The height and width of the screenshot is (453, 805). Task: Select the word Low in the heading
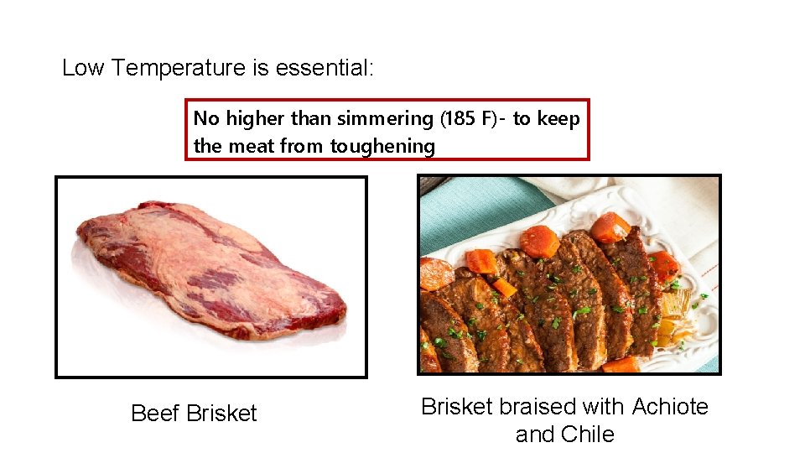(x=82, y=68)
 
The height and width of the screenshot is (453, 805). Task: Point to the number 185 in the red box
(x=459, y=119)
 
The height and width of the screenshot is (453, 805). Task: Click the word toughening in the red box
(x=383, y=147)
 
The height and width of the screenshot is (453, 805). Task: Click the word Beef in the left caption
(x=156, y=414)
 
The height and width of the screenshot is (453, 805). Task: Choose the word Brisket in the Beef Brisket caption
(x=221, y=414)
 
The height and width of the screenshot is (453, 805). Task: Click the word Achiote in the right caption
(x=670, y=407)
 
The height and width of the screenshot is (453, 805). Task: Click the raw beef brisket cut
(x=210, y=268)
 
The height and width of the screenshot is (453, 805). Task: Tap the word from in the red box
(x=303, y=147)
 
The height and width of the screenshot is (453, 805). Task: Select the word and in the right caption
(x=533, y=435)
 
